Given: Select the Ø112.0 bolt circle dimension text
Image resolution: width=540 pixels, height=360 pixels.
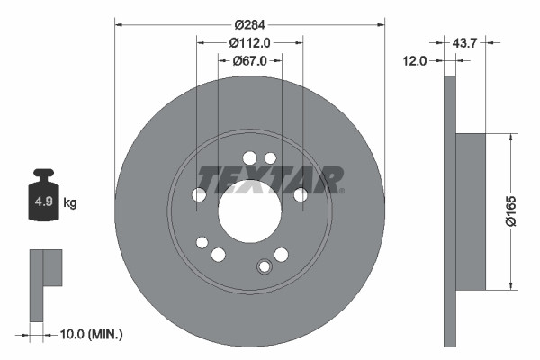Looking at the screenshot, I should (249, 42).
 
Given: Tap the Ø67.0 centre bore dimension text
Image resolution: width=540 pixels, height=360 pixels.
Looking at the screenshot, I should (249, 61).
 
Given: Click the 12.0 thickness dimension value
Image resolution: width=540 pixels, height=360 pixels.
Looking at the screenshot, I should (414, 61).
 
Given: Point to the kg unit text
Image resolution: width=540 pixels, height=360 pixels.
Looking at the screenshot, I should (70, 202).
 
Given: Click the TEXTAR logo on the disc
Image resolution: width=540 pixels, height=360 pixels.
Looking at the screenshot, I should (269, 178).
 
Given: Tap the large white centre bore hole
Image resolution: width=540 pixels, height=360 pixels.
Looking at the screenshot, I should (249, 211).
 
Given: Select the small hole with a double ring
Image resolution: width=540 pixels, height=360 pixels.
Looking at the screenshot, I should (264, 266).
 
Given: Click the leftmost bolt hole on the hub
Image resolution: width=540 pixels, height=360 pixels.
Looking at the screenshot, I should (199, 194).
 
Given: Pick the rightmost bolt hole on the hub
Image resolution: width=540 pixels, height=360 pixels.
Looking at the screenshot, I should (301, 194).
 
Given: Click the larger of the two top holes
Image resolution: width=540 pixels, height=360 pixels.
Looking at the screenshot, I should (249, 158).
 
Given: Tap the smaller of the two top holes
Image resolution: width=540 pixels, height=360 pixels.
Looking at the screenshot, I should (270, 158).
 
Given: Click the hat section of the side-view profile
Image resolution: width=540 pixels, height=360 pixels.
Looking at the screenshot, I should (471, 212).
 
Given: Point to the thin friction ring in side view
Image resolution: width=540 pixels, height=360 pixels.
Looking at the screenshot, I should (450, 212).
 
